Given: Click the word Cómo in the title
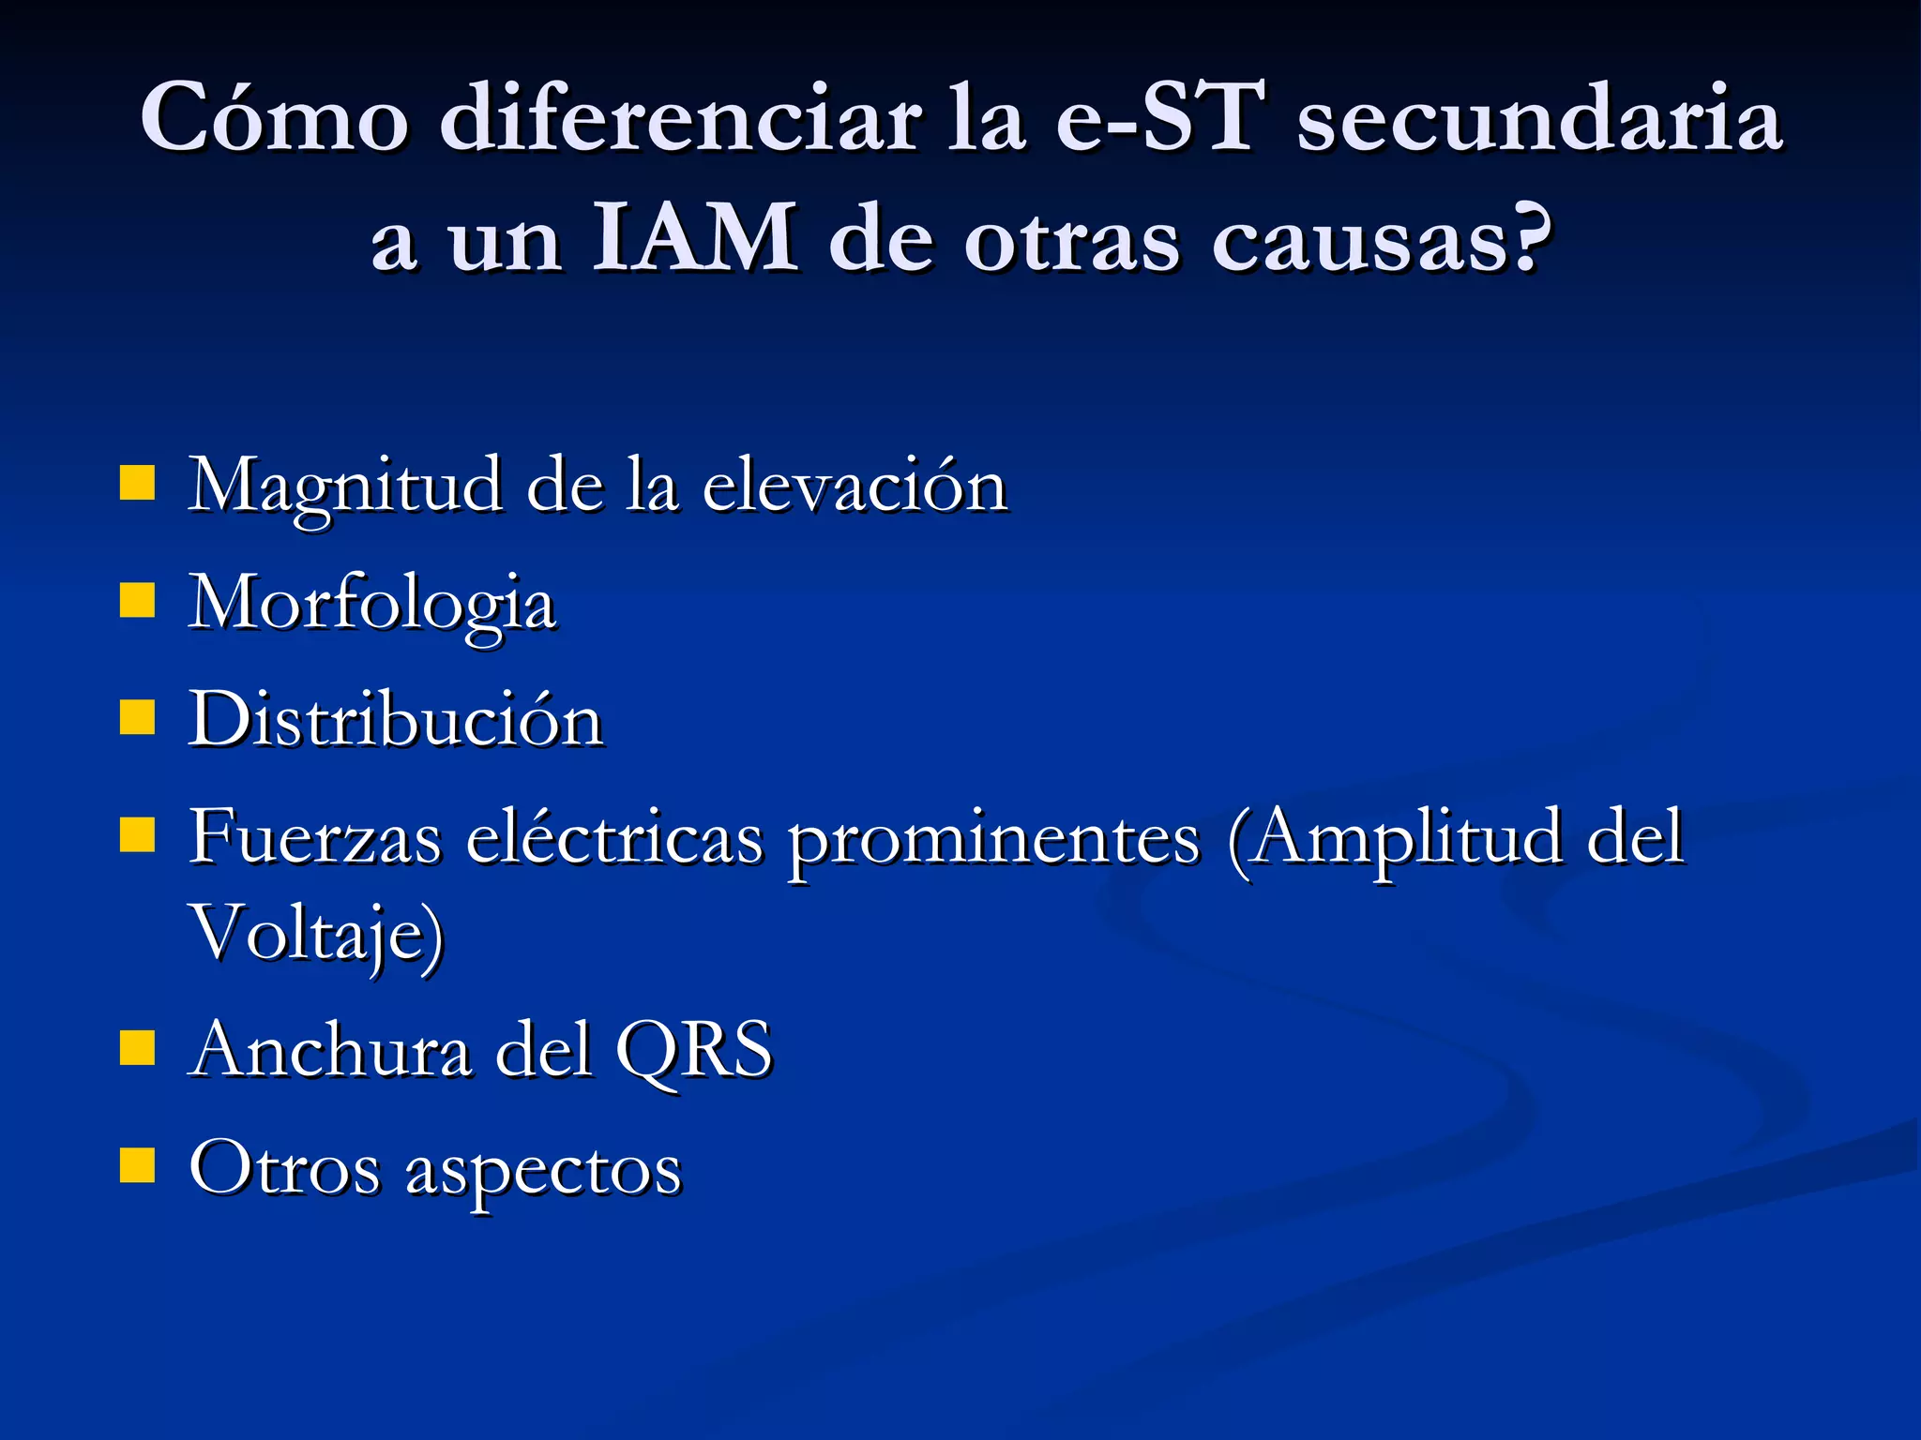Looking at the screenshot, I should point(274,117).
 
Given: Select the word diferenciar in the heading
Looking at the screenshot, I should point(680,117).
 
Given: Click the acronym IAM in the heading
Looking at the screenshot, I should point(694,239).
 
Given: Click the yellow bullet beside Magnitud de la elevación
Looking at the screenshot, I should point(137,484).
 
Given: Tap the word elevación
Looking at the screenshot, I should point(855,486).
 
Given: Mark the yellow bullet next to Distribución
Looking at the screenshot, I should point(137,718).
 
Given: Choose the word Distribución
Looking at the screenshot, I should point(395,720).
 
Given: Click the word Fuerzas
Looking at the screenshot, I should point(314,836).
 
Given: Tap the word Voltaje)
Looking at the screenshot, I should point(316,935).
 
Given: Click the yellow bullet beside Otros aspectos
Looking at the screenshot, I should point(137,1166).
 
